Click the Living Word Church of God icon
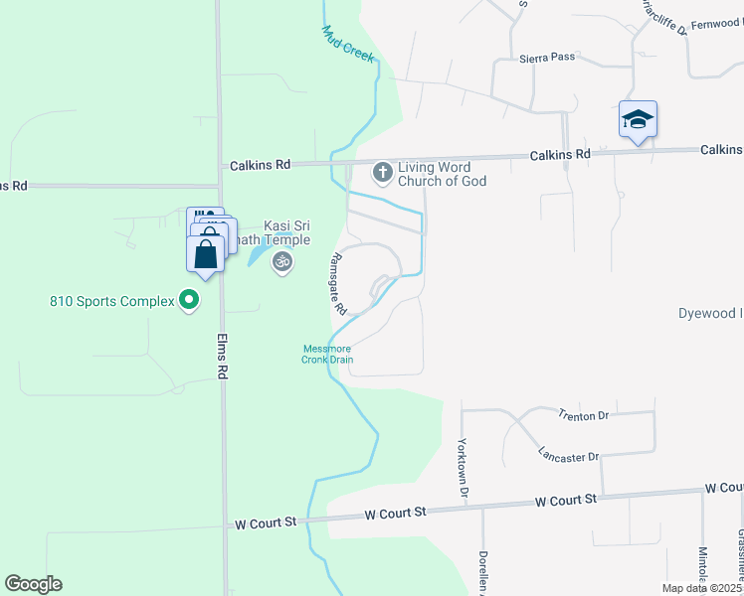[381, 173]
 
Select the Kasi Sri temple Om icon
[281, 262]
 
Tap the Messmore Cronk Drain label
[328, 354]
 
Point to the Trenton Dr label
[583, 415]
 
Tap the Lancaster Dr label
[569, 456]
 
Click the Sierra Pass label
[547, 58]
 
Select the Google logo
[33, 584]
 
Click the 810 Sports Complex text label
[111, 300]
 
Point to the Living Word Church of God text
[442, 174]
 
